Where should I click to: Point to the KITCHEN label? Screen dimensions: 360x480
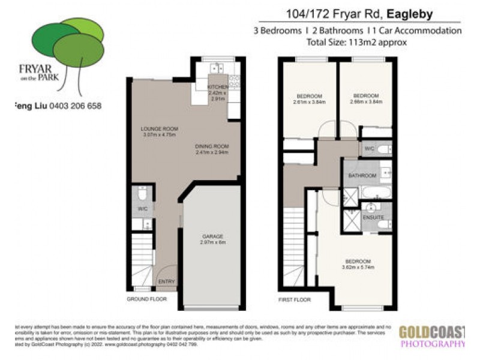[x=217, y=88]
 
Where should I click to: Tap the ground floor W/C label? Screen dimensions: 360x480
[x=142, y=209]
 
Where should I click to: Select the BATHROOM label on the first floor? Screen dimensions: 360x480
[x=362, y=176]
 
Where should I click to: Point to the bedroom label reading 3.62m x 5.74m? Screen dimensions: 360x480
[x=357, y=265]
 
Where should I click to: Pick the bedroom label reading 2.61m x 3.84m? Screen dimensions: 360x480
[x=310, y=99]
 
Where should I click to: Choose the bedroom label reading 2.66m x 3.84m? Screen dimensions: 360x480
[x=365, y=99]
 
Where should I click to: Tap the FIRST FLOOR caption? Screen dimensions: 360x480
[x=294, y=298]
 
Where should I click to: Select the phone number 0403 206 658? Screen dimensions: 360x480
[x=75, y=106]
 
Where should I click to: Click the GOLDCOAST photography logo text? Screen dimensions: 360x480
[x=432, y=331]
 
